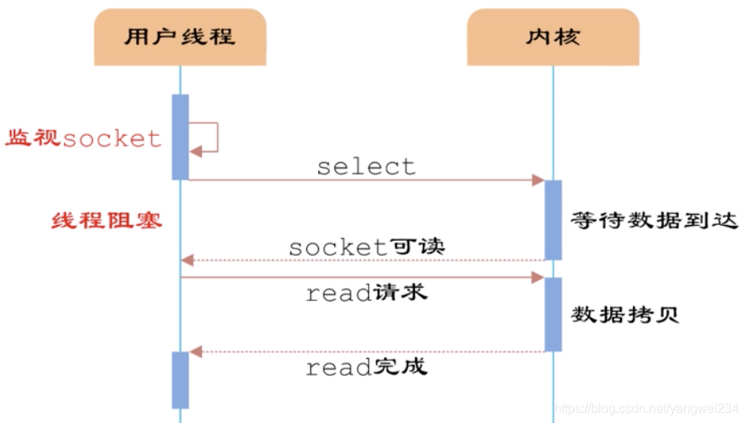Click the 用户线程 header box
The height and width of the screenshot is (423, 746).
pyautogui.click(x=180, y=37)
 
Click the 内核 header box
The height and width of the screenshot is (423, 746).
pyautogui.click(x=553, y=37)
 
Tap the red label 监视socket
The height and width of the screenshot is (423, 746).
pyautogui.click(x=84, y=138)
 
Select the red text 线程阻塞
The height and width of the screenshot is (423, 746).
pyautogui.click(x=107, y=219)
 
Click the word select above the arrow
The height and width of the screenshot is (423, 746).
pyautogui.click(x=366, y=166)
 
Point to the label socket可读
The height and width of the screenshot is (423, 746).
pyautogui.click(x=367, y=247)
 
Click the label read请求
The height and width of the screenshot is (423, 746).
pyautogui.click(x=367, y=293)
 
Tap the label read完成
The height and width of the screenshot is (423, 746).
pyautogui.click(x=367, y=367)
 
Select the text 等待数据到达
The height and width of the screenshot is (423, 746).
pyautogui.click(x=655, y=221)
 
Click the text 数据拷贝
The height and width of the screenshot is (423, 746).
pyautogui.click(x=624, y=314)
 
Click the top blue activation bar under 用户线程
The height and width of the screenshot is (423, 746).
pyautogui.click(x=181, y=137)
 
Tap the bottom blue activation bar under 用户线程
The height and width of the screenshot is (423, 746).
pyautogui.click(x=181, y=380)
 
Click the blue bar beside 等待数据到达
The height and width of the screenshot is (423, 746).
pyautogui.click(x=553, y=219)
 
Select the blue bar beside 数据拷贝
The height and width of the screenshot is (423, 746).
pyautogui.click(x=553, y=314)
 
